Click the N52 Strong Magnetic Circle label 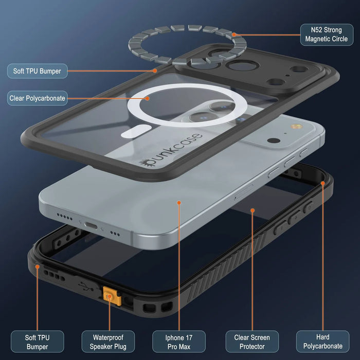point(327,34)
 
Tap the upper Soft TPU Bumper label point(37,71)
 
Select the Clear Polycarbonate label point(37,98)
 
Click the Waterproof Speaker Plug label point(108,341)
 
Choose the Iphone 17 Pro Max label point(179,341)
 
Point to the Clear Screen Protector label point(252,341)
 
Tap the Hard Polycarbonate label point(323,341)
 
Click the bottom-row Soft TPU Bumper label point(37,341)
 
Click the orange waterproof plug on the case point(112,296)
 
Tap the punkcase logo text point(171,150)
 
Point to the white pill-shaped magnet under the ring point(136,131)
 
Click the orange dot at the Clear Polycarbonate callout point(148,99)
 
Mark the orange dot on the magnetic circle point(233,34)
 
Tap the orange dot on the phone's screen point(179,203)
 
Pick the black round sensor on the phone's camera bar point(274,140)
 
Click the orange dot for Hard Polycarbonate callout point(323,183)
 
